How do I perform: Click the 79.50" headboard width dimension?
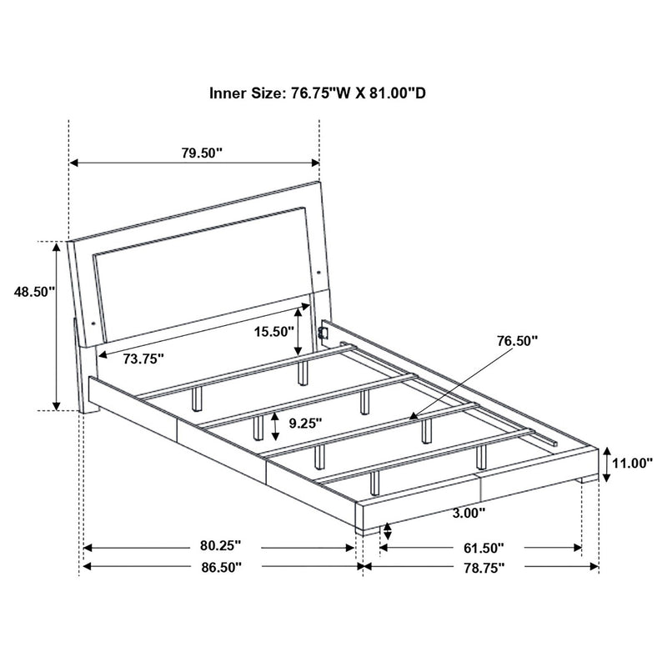(x=201, y=153)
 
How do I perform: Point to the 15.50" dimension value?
(x=275, y=331)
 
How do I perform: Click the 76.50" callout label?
(x=516, y=340)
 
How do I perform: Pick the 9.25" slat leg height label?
(x=305, y=423)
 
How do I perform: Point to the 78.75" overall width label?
(x=482, y=567)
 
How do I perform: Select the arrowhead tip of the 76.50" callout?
(x=410, y=414)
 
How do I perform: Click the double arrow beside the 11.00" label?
(x=609, y=464)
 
